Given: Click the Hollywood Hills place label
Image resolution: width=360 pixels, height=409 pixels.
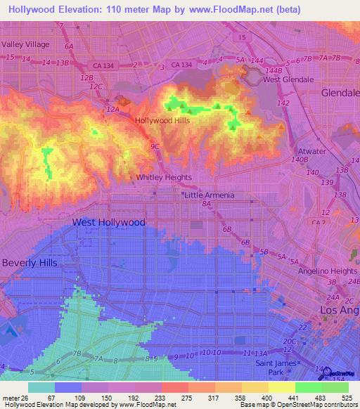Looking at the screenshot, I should coord(162,120).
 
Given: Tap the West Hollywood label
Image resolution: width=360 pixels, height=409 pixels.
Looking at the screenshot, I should coord(109,222).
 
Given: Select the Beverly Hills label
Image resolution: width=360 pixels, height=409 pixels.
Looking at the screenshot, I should coord(29,262).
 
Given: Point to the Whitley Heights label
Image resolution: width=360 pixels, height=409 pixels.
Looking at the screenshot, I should coord(165,178).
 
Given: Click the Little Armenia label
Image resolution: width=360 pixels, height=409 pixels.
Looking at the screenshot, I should coord(209,195).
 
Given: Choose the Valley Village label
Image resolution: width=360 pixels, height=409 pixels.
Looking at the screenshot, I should coord(26,44).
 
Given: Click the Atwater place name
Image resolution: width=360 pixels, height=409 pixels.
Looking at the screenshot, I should coord(312,151).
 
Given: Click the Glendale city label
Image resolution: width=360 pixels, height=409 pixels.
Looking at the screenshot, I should coord(340,93).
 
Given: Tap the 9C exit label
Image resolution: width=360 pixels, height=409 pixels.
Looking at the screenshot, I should coord(155,146).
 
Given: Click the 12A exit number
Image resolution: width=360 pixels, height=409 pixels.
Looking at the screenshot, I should coord(112,110).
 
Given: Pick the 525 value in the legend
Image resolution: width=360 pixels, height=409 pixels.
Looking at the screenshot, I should coord(345,398).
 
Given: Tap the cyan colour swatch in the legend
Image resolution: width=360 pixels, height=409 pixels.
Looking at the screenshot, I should coord(41,387).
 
